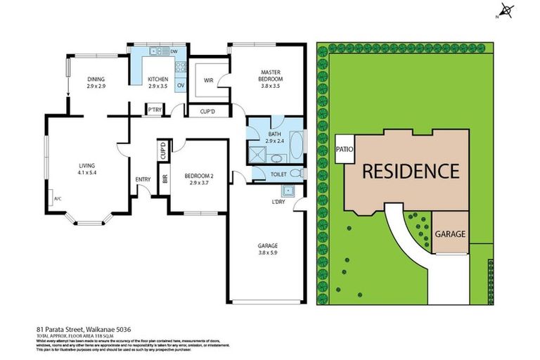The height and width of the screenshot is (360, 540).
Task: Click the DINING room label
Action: (96, 79)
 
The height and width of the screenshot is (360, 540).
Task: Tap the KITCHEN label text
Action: (157, 79)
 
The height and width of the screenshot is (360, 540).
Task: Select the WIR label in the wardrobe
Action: (208, 80)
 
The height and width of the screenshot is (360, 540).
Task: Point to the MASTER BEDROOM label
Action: (271, 75)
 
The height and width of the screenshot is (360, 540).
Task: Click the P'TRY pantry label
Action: (154, 110)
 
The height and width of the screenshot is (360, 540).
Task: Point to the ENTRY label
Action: (143, 179)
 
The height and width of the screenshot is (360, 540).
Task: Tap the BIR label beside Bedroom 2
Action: (165, 179)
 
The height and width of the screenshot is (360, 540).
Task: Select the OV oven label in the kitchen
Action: (180, 86)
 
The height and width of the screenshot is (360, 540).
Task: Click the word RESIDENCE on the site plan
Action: (411, 171)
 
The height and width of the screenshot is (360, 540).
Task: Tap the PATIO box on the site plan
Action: (345, 149)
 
